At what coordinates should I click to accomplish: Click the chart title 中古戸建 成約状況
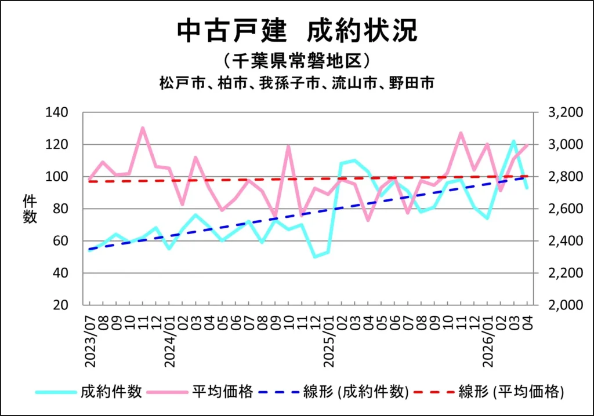coord(298,30)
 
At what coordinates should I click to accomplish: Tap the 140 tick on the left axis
coord(57,112)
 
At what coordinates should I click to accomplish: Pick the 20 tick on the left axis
coord(60,305)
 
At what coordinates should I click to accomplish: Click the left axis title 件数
coord(30,209)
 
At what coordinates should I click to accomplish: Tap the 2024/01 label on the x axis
coord(170,341)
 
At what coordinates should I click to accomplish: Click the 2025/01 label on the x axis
coord(329,341)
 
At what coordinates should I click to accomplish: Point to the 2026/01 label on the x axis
coord(488,341)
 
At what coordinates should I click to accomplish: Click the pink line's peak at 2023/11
coord(143,128)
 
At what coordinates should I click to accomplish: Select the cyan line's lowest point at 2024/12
coord(315,257)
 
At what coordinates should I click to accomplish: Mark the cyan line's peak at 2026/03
coord(514,141)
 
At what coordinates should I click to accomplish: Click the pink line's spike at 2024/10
coord(289,146)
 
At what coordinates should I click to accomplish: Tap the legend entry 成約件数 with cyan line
coord(89,392)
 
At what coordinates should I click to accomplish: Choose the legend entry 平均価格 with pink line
coord(200,392)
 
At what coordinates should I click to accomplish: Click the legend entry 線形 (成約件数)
coord(334,392)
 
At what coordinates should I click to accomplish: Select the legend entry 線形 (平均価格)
coord(488,392)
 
